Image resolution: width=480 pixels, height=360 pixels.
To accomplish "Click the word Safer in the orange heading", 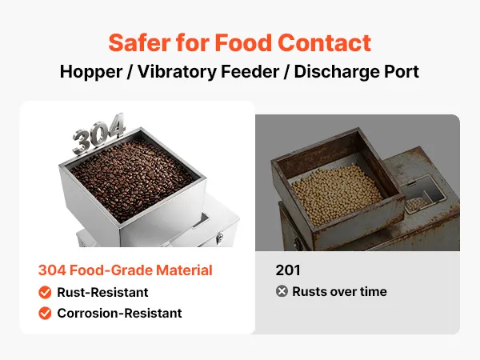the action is point(139,42).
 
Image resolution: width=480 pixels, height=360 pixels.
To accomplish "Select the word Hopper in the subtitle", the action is point(91,72).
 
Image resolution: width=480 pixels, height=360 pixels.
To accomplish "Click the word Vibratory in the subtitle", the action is point(178,72).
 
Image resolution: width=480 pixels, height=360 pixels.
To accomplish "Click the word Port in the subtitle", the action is point(402,72).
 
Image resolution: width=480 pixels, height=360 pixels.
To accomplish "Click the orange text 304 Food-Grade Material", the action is point(126,270).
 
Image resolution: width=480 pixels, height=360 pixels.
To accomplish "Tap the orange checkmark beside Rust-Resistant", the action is point(45,292).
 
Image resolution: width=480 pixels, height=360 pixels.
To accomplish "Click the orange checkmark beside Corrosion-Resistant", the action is point(45,313).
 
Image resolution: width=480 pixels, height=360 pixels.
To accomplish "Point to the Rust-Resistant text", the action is point(102,292).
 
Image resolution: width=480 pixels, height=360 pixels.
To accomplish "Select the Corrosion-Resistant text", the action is point(119,313).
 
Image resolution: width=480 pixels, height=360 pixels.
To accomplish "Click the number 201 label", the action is point(288,270).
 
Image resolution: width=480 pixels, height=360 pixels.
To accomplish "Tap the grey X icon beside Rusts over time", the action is point(282,291).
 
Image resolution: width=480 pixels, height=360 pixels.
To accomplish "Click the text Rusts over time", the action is point(339,291).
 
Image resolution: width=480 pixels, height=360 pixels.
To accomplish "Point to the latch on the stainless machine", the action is point(219,238).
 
